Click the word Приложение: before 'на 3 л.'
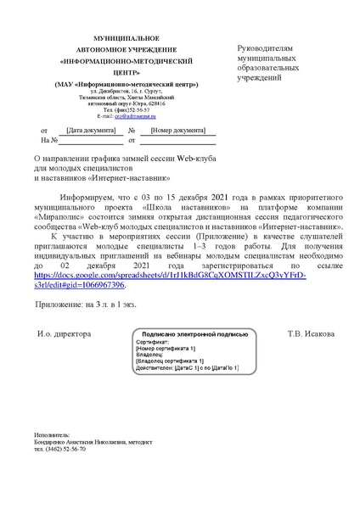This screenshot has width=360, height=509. point(59,302)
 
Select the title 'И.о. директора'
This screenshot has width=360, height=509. point(64,333)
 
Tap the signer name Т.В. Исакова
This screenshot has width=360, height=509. point(311,333)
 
